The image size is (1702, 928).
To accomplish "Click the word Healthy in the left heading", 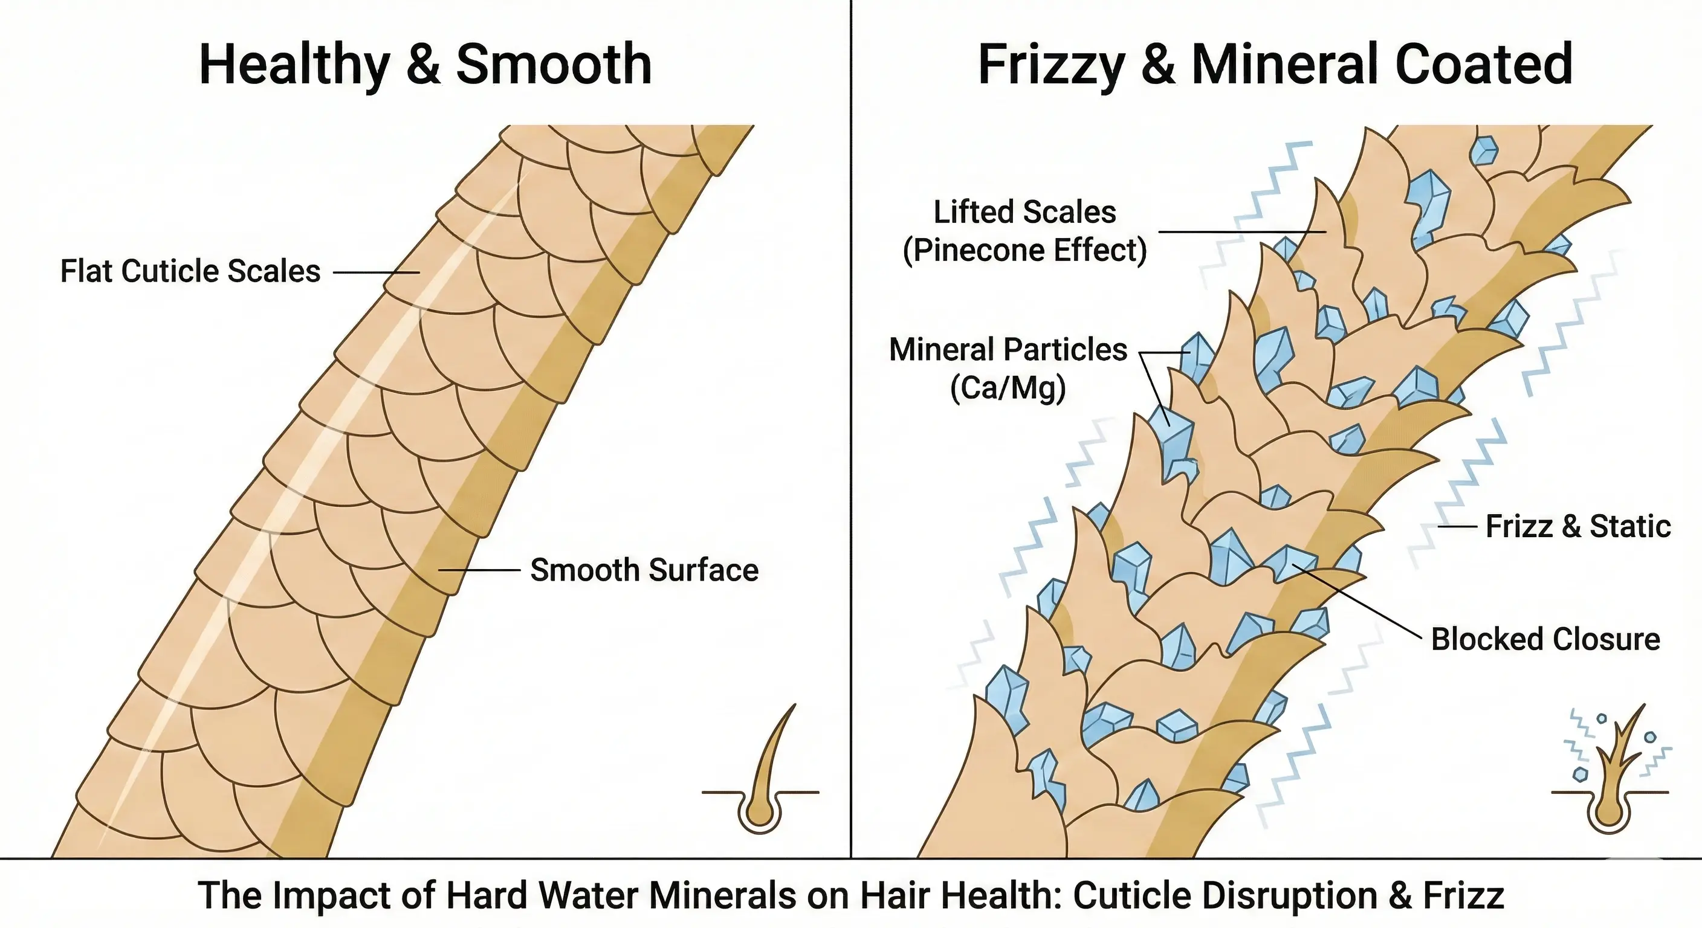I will tap(294, 65).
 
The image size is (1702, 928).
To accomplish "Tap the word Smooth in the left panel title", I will tap(554, 65).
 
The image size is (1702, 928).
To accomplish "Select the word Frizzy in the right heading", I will tap(1051, 65).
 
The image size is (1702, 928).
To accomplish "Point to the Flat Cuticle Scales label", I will tap(190, 271).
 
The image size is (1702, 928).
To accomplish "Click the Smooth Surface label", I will tap(644, 570).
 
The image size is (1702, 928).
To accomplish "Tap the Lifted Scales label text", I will tap(1024, 213).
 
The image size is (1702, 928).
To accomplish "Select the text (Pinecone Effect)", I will tap(1024, 250).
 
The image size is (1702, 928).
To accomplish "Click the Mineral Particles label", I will tap(1008, 350).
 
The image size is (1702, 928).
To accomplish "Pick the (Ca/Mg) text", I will tap(1008, 388).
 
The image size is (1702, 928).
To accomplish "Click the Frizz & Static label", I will tap(1577, 527).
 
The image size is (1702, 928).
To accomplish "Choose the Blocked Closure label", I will tap(1545, 639).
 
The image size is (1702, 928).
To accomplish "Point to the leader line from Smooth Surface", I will tap(479, 569).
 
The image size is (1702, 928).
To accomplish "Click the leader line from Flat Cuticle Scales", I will tap(376, 272).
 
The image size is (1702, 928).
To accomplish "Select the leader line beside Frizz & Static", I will tap(1457, 527).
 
